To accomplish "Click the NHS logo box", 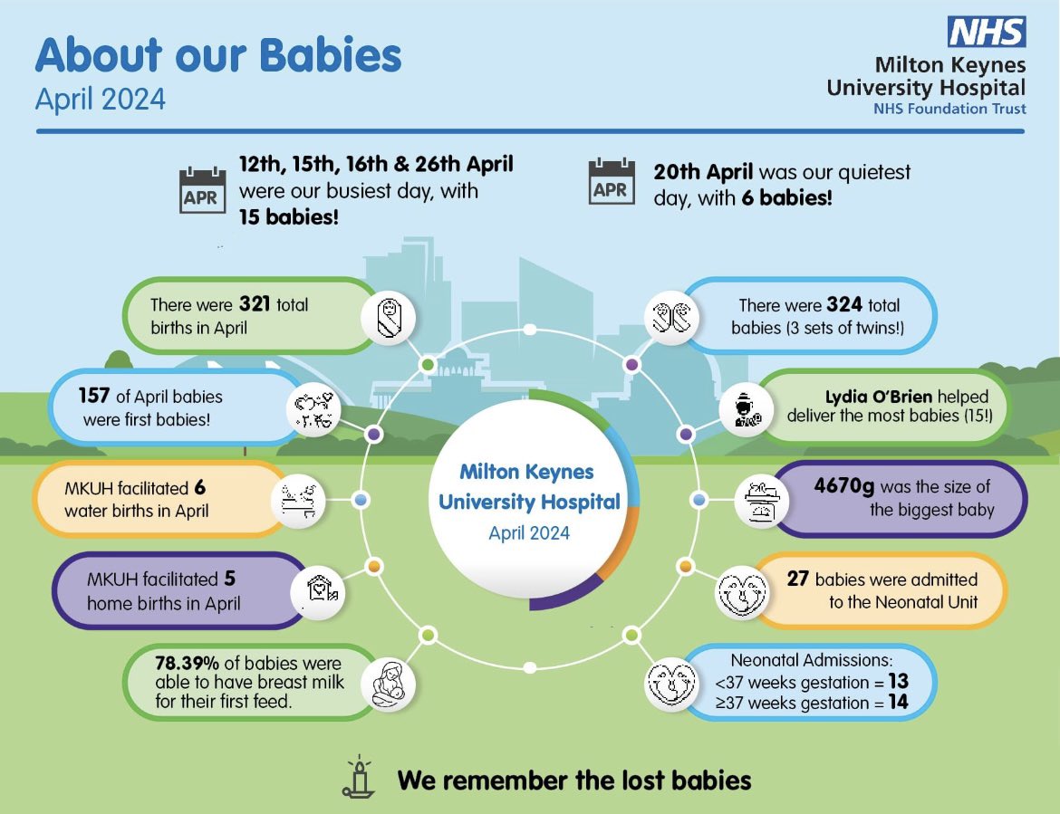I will pos(986,31).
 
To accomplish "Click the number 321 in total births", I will pos(256,304).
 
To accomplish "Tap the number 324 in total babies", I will pos(844,304).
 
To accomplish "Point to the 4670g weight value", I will pos(844,487).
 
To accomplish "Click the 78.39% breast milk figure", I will pos(188,664).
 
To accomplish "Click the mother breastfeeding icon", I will pos(389,685).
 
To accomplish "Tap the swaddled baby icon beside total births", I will pos(389,319).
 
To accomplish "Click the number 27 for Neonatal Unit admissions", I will pos(797,579).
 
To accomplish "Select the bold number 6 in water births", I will pos(199,488).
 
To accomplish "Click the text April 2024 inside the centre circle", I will pos(529,532).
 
